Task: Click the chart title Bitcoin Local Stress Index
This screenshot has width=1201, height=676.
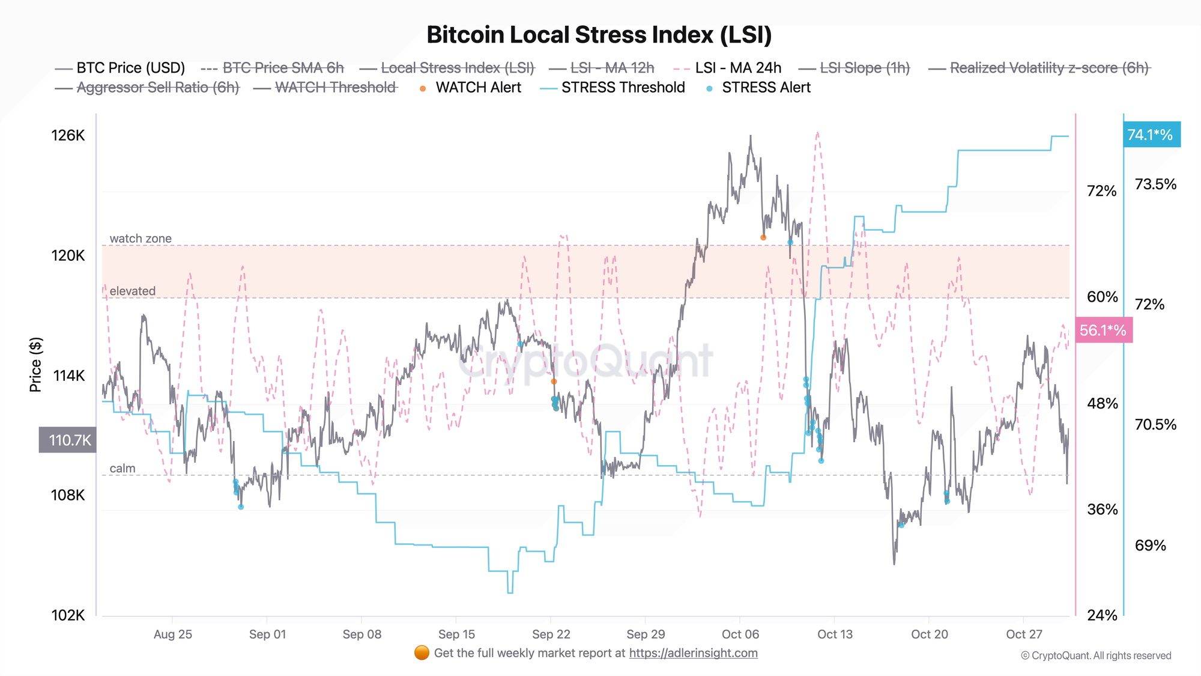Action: [x=599, y=35]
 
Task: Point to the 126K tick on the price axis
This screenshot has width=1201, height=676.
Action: [x=68, y=135]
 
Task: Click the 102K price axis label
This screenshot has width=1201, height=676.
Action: [x=68, y=615]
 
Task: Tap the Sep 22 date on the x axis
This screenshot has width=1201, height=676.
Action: [x=551, y=634]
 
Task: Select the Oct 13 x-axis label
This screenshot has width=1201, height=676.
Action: [x=835, y=634]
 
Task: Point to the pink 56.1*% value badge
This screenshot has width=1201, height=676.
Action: [x=1103, y=330]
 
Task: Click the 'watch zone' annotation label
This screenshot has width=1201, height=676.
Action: [x=141, y=239]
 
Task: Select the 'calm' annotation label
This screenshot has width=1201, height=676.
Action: [x=123, y=468]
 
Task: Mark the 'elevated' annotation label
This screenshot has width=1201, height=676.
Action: [x=132, y=291]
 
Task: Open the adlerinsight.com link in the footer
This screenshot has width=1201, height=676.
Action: [x=693, y=653]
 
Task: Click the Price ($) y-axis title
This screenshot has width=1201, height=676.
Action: [x=36, y=364]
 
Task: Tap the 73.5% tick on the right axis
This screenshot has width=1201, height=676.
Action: [x=1155, y=184]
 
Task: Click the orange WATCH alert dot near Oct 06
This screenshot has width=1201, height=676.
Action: [x=763, y=237]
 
